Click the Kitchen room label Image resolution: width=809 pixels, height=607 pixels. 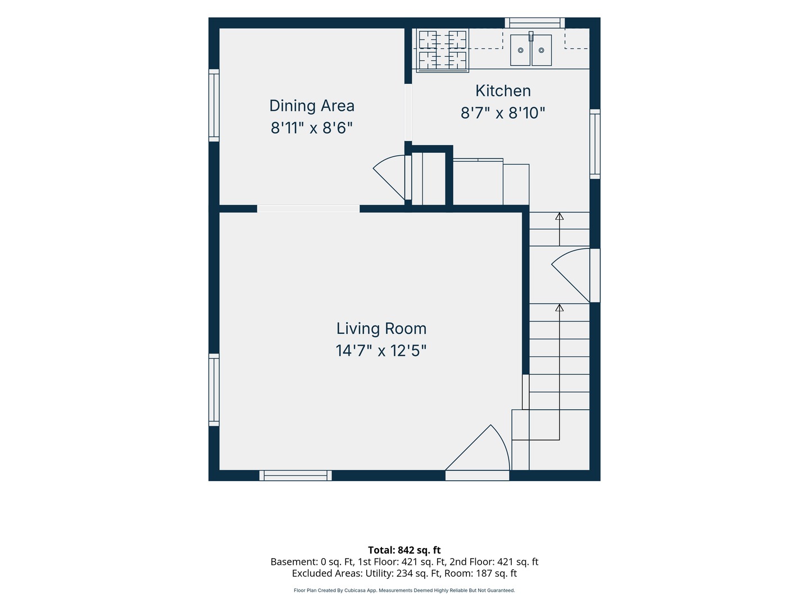click(503, 90)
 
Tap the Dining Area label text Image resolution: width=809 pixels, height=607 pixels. click(312, 106)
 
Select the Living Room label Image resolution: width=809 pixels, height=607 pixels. click(381, 328)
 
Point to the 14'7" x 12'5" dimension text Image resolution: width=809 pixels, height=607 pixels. click(381, 351)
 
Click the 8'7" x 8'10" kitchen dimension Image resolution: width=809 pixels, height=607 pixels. click(503, 113)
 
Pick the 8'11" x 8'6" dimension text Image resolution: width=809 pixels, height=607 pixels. click(312, 128)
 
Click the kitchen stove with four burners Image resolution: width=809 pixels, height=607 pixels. click(442, 50)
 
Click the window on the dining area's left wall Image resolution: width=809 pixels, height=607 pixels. click(214, 106)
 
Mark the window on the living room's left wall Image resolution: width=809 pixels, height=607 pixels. click(214, 389)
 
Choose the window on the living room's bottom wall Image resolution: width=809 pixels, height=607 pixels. click(295, 475)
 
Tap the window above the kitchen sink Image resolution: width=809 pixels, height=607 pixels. click(534, 23)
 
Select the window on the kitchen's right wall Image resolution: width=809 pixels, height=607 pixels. click(595, 144)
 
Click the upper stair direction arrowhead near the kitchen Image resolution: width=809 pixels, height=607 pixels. click(560, 216)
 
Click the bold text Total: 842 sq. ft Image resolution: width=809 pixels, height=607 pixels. click(404, 550)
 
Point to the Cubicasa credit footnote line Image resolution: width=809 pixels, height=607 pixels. click(404, 590)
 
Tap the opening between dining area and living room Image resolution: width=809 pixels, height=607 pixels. click(308, 209)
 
